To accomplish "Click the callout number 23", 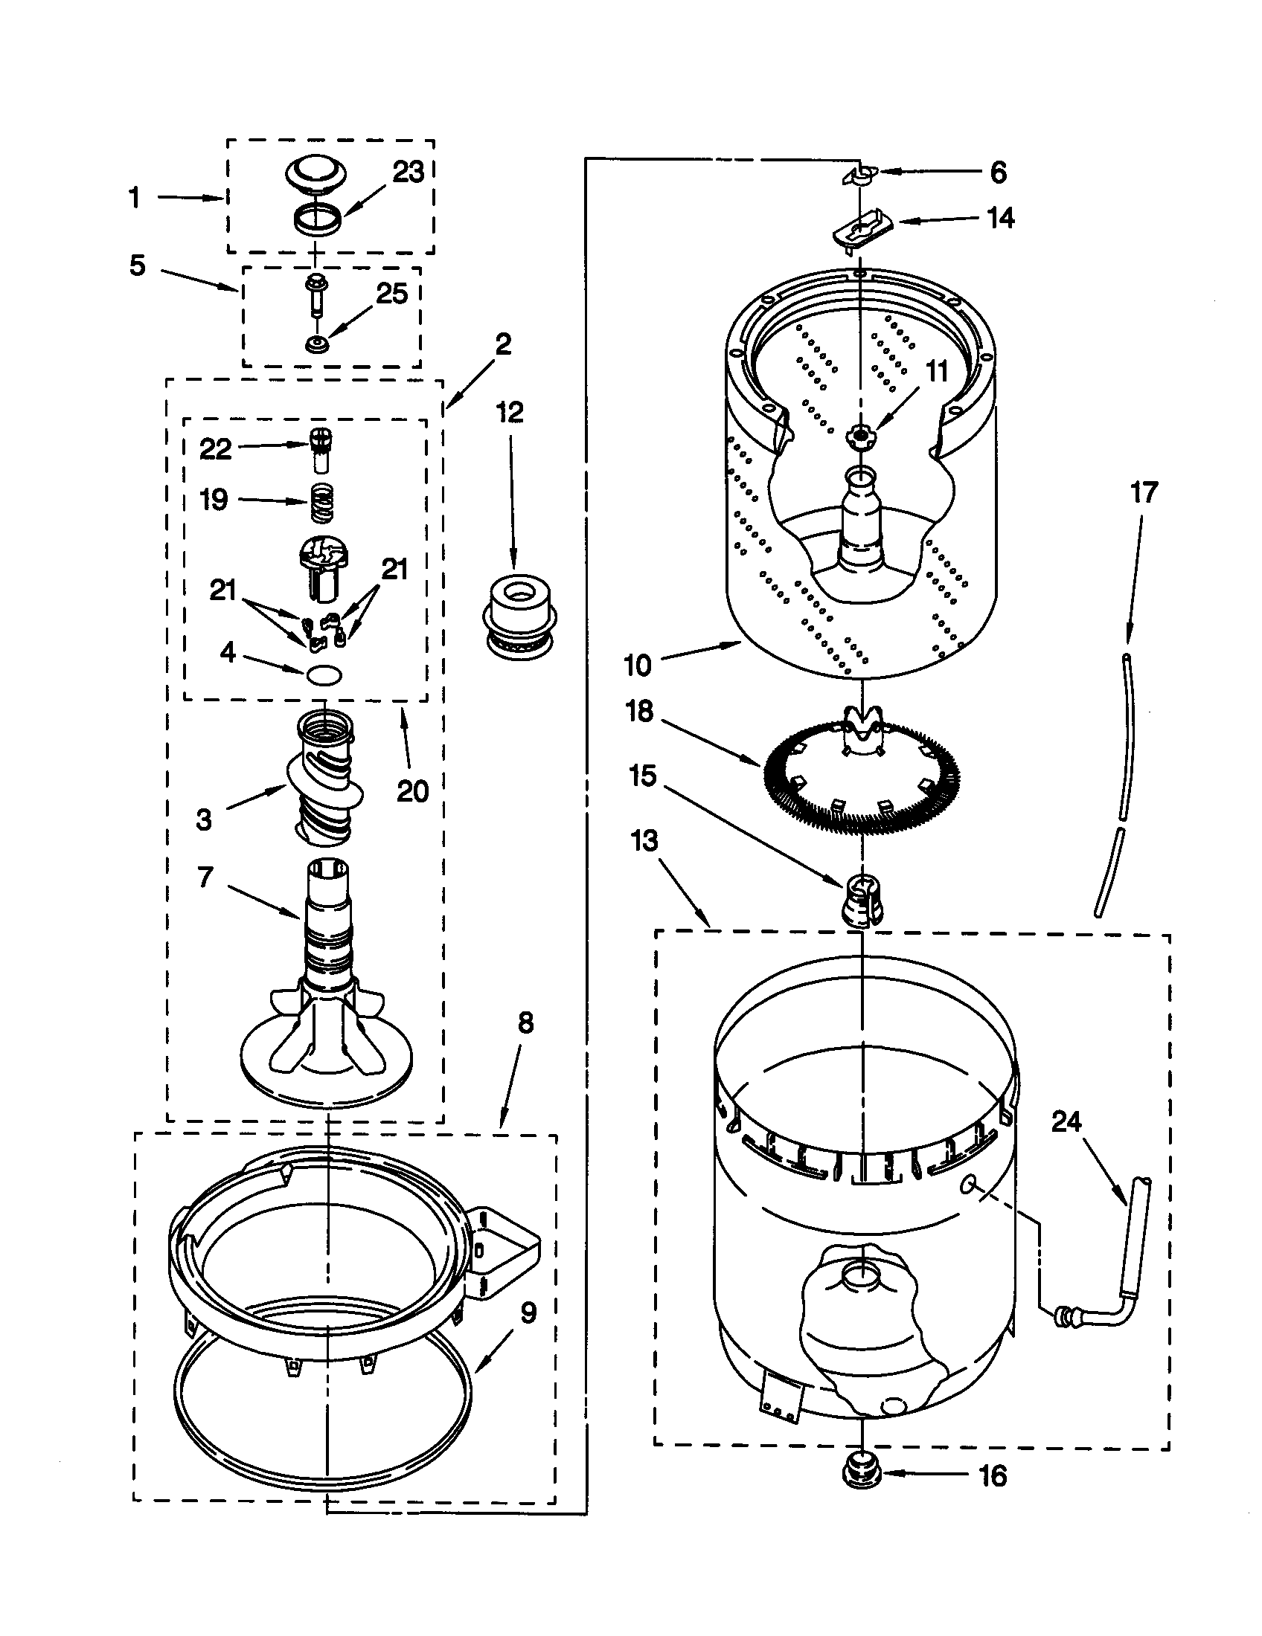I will pyautogui.click(x=409, y=173).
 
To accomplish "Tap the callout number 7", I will pyautogui.click(x=205, y=876).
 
